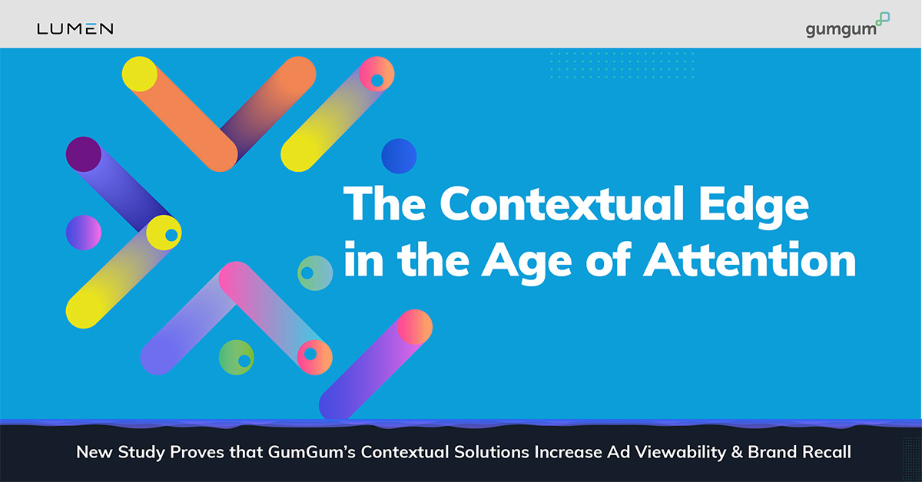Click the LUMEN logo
point(75,29)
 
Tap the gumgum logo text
point(841,30)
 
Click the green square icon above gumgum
point(883,19)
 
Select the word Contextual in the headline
point(562,204)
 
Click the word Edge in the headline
point(754,206)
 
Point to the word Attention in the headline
point(750,260)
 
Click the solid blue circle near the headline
point(399,156)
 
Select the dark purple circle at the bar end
point(84,154)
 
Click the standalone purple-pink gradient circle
point(84,233)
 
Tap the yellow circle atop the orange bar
point(140,74)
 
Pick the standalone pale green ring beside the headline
point(315,273)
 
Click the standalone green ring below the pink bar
point(237,358)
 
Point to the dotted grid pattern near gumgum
point(622,65)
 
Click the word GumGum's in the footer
point(312,452)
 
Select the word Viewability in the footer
point(681,452)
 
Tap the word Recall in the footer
point(827,452)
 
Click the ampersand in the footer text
point(737,452)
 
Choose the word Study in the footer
point(141,452)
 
